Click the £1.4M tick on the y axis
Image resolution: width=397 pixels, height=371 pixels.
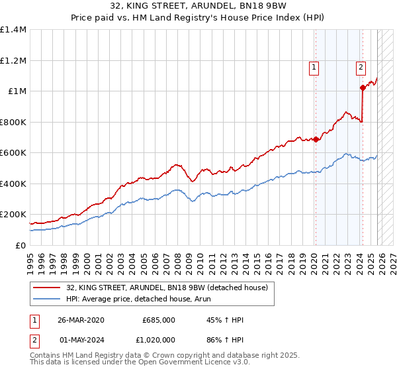tap(13, 30)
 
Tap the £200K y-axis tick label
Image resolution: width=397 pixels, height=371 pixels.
tap(13, 215)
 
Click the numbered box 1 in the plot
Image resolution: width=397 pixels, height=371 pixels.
tap(313, 66)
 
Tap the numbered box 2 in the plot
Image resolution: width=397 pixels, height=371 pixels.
tap(361, 66)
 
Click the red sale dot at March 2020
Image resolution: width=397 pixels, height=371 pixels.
tap(316, 140)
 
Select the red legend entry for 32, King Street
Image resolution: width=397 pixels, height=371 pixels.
tap(167, 288)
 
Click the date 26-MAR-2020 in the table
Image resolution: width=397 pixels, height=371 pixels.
tap(81, 320)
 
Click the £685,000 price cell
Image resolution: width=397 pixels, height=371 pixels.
tap(159, 320)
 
